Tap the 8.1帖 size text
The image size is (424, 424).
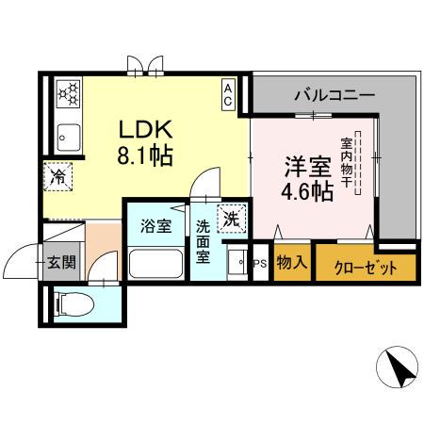pos(144,155)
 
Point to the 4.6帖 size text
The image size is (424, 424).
pos(308,193)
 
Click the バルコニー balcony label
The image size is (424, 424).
pos(334,94)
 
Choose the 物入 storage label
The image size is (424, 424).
pos(291,264)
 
